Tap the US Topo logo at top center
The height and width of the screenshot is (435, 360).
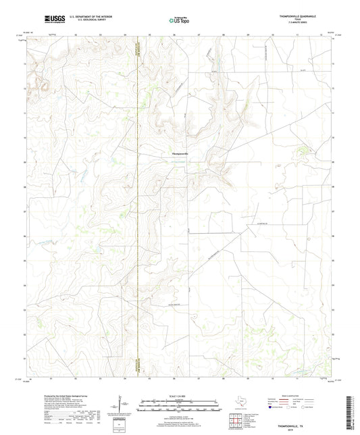(179, 21)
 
